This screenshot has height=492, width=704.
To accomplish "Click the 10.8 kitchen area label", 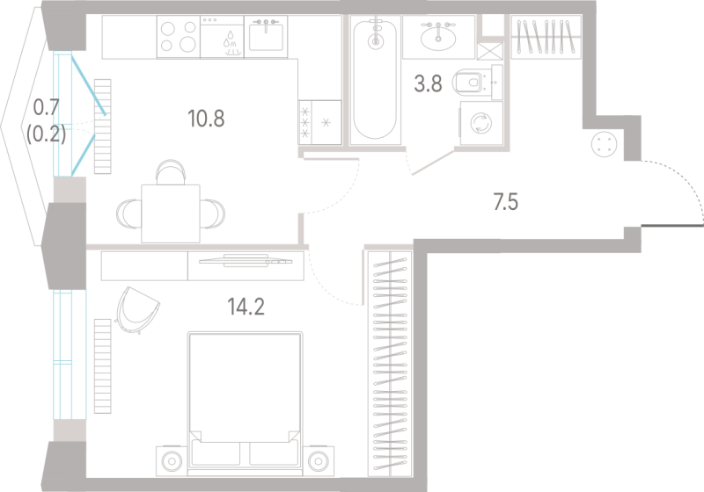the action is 206,119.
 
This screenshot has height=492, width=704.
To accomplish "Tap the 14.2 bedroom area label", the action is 246,307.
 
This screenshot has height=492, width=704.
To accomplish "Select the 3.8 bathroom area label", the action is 428,83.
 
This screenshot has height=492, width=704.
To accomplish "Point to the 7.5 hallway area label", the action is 505,202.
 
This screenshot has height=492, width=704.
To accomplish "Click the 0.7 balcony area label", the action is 47,107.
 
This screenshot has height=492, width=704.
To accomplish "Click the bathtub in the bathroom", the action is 375,80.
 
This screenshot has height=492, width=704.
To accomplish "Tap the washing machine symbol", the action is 481,123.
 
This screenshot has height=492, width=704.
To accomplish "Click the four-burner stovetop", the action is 179,37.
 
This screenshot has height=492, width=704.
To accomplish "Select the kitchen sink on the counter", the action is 266,37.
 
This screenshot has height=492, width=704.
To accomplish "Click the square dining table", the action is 171,213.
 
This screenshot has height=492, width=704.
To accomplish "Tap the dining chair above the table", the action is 171,171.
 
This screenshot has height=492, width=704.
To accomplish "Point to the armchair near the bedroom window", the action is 137,310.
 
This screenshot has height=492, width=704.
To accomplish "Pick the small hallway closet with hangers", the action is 546,36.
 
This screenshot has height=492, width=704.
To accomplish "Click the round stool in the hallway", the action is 605,144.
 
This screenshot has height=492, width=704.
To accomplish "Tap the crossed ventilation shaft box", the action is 490,51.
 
